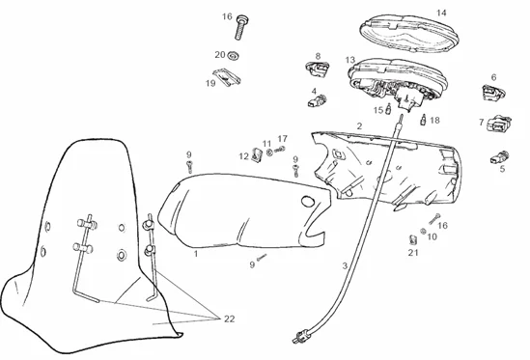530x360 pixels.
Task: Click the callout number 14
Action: click(441, 13)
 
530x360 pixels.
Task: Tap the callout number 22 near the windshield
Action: click(228, 318)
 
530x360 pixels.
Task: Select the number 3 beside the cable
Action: click(345, 264)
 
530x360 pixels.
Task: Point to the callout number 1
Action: click(195, 254)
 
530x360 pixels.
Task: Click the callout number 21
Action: click(412, 252)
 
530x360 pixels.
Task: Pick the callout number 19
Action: click(210, 83)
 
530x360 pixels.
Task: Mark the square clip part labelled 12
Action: click(257, 152)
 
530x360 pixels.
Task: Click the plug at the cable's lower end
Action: click(299, 338)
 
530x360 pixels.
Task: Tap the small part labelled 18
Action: click(423, 121)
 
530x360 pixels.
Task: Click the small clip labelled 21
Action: click(412, 236)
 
